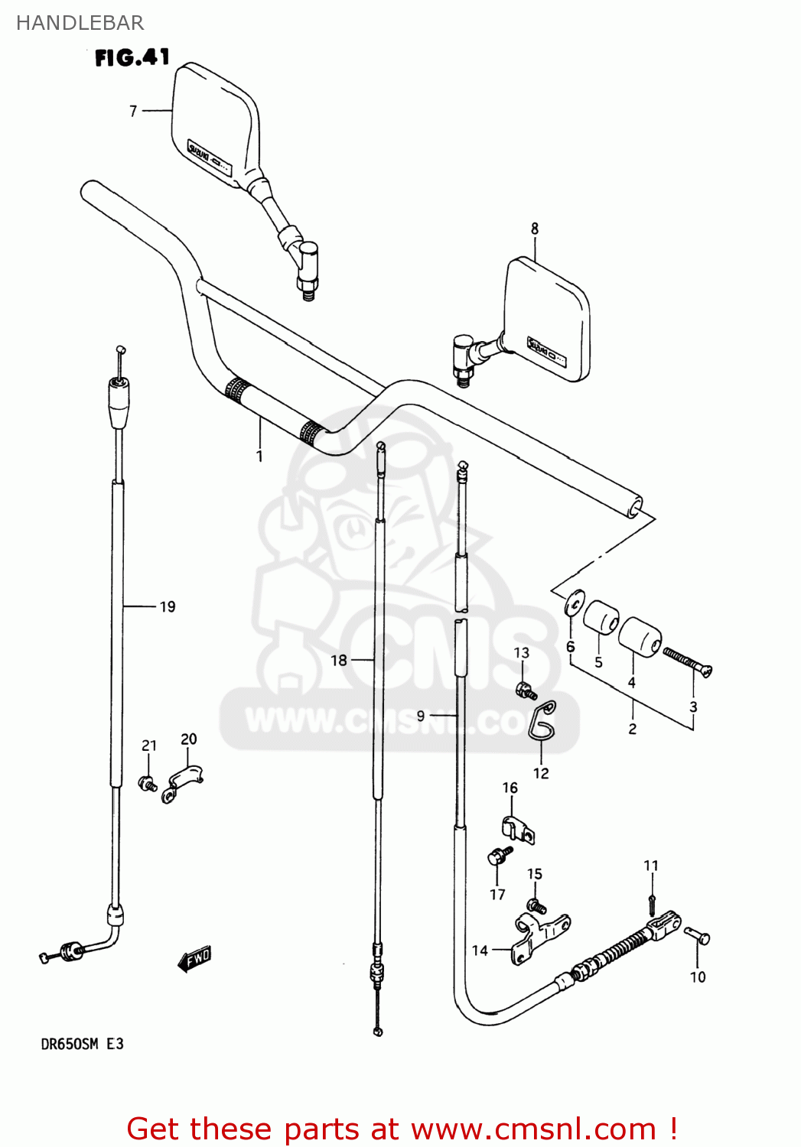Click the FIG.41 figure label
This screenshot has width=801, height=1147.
coord(132,57)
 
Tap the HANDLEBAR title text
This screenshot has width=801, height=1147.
coord(80,23)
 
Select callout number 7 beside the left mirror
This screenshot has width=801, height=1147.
coord(133,111)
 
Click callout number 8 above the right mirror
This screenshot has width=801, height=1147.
coord(535,228)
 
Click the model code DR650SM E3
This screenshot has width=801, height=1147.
coord(82,1044)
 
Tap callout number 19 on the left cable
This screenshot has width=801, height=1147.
coord(168,606)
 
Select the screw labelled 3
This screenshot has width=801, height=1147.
coord(688,661)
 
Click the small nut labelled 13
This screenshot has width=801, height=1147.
coord(524,690)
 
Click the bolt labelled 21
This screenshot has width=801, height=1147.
coord(148,783)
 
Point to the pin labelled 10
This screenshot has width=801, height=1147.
coord(697,935)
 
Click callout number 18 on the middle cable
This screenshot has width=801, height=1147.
coord(338,660)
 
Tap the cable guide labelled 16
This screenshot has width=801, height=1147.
coord(517,829)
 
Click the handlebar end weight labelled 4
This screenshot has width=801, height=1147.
coord(639,636)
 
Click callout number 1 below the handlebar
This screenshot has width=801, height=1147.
coord(259,457)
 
